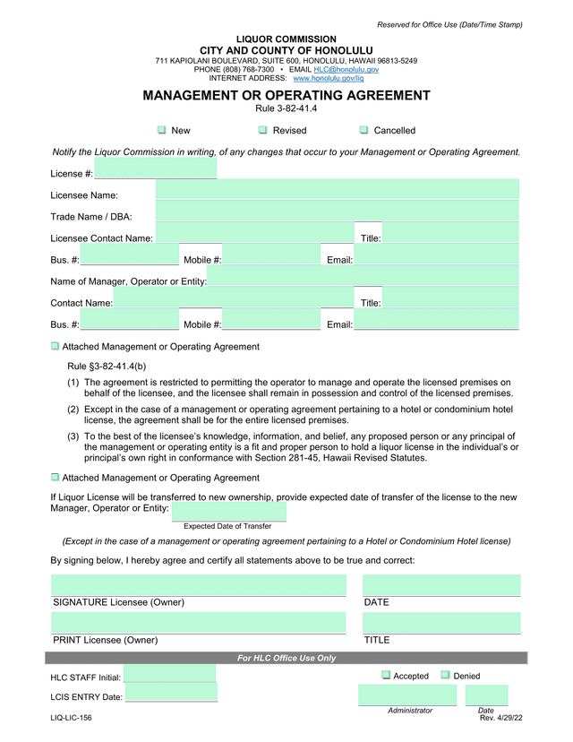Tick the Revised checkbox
coord(263,131)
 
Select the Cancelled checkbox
coord(364,131)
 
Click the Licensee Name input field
coord(337,190)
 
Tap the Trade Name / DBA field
coord(337,211)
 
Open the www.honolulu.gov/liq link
coord(321,79)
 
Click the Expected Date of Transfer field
coord(228,511)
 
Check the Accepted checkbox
coord(386,676)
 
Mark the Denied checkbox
coord(445,676)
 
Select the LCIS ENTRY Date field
coord(171,696)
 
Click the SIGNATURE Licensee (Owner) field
coord(198,585)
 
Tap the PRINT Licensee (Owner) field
coord(198,623)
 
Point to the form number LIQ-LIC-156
coord(71,718)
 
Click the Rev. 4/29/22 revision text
coord(500,718)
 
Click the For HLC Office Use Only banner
coord(286,659)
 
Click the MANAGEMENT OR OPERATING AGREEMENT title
coord(286,96)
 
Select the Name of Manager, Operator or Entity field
coord(363,280)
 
